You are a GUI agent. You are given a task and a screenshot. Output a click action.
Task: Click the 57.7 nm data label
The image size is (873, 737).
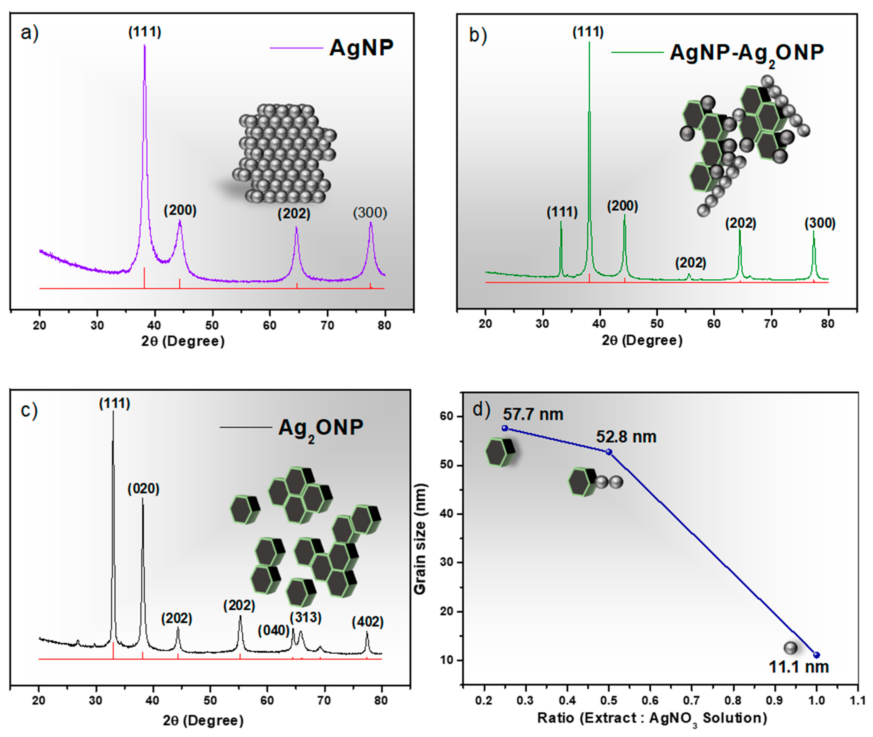click(x=533, y=415)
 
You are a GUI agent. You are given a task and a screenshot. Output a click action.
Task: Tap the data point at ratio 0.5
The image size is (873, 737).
click(x=609, y=452)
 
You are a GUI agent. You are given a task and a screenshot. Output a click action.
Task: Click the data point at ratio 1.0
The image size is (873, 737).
click(x=816, y=655)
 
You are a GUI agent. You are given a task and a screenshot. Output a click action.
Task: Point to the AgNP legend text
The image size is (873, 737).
click(x=361, y=48)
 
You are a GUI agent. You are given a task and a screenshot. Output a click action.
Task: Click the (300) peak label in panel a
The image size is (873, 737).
click(x=370, y=213)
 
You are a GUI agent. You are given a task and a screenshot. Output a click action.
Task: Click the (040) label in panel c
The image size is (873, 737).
click(x=274, y=630)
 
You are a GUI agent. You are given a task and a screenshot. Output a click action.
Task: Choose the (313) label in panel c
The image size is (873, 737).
click(x=306, y=617)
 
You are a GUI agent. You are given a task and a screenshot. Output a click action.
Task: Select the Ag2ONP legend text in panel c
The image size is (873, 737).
click(x=321, y=428)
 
